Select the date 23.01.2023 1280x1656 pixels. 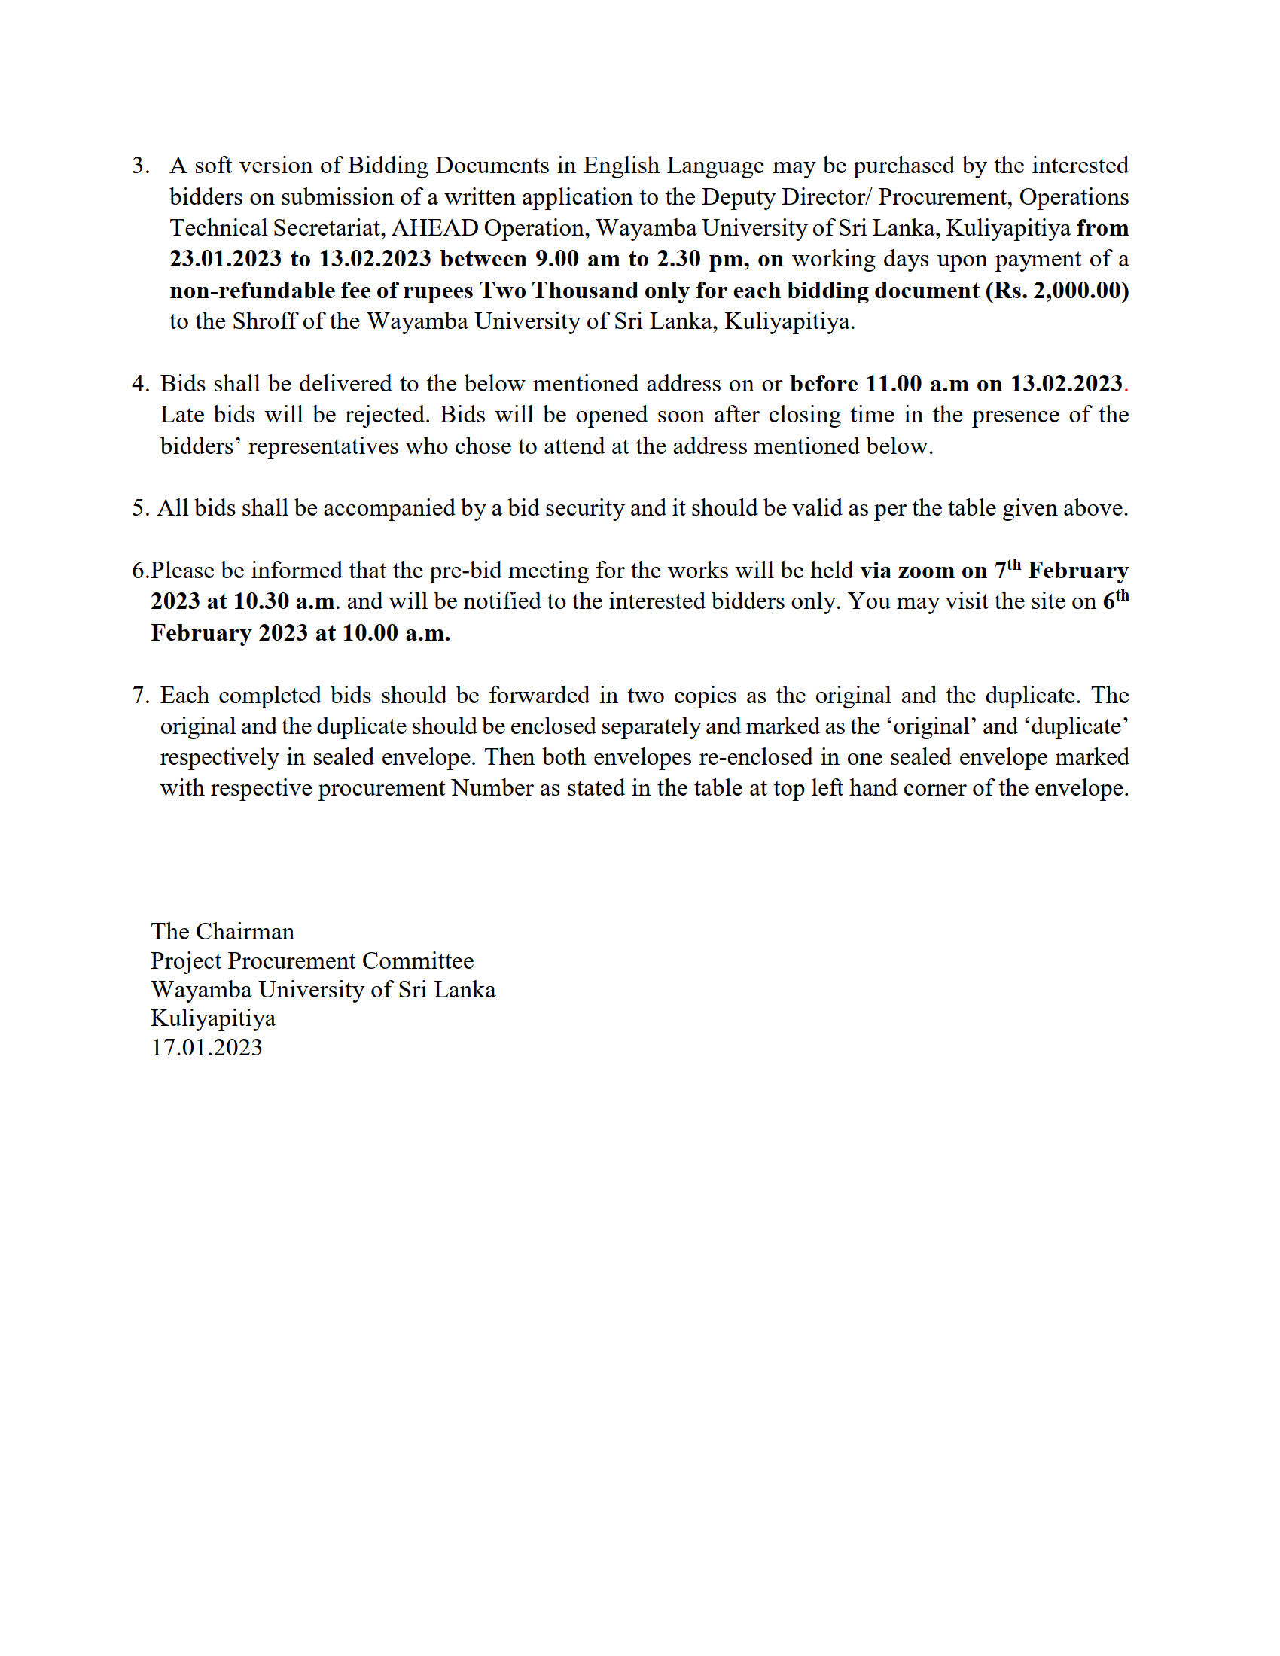[225, 260]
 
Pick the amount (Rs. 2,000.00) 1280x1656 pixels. [1056, 291]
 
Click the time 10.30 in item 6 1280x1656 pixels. [261, 601]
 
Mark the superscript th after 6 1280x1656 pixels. [1123, 595]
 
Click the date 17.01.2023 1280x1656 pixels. [206, 1047]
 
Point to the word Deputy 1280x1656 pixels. [739, 197]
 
